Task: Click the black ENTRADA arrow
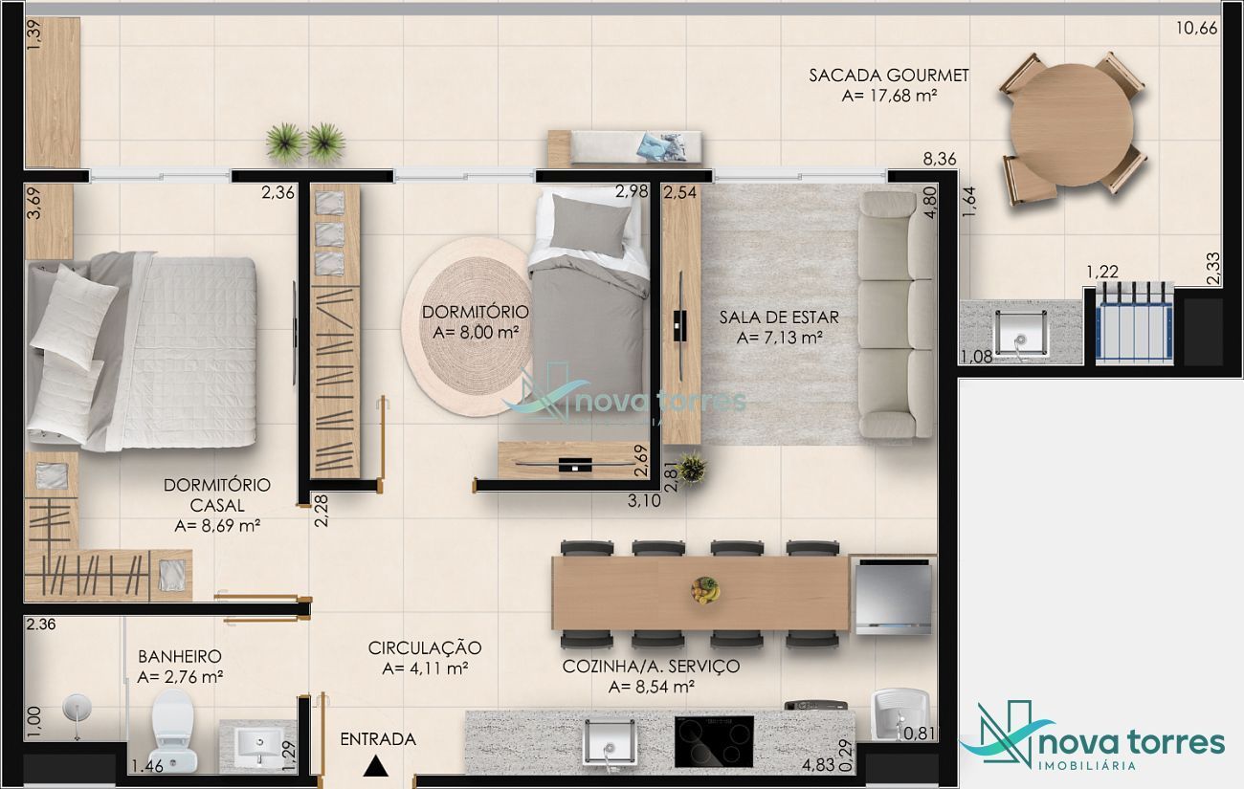(376, 766)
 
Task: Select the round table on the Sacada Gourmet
(1072, 125)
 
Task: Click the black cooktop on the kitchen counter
(714, 741)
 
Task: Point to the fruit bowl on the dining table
(705, 590)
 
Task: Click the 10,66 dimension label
(1197, 28)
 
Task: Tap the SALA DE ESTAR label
(779, 318)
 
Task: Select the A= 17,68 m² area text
(890, 96)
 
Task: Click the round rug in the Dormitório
(469, 327)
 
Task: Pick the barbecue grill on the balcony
(1134, 323)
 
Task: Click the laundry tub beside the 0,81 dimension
(900, 713)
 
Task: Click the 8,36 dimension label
(940, 160)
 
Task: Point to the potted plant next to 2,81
(692, 469)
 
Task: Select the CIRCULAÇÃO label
(425, 648)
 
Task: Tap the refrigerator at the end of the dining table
(893, 596)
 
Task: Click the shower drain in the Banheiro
(77, 709)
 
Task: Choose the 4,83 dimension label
(818, 765)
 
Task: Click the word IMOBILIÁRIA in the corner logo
(1087, 765)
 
